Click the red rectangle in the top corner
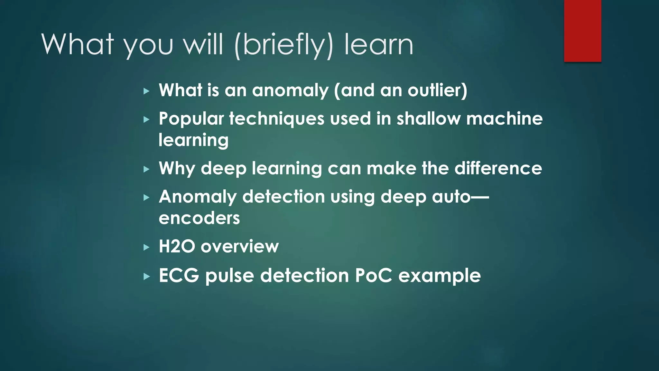[582, 31]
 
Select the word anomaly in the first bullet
[290, 91]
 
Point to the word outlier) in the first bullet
[437, 90]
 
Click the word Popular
[191, 119]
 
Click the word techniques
[277, 119]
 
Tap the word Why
[177, 169]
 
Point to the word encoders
[199, 218]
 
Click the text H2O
[177, 247]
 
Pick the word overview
[240, 247]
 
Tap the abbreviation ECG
[179, 276]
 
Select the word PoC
[374, 276]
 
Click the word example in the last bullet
[440, 276]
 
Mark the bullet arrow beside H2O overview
[147, 247]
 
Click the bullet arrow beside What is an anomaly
[147, 91]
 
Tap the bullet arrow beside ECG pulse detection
[147, 276]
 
